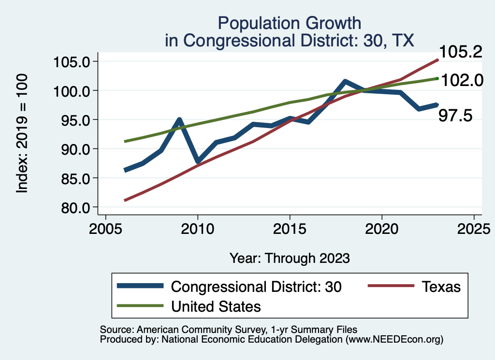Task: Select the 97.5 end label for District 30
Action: click(455, 115)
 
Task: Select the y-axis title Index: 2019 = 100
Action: click(22, 133)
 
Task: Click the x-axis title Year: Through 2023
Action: click(290, 258)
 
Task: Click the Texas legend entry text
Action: click(441, 287)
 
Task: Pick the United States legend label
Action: click(216, 306)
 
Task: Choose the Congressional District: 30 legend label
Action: click(257, 287)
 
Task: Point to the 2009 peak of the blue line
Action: click(179, 119)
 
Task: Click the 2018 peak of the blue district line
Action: click(345, 81)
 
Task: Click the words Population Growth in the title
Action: click(290, 23)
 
